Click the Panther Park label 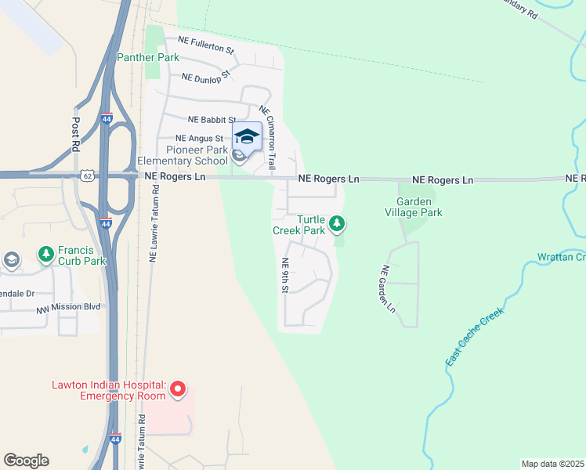(x=148, y=57)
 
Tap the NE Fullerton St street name (x=206, y=45)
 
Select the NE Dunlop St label (x=205, y=77)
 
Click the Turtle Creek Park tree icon (x=337, y=225)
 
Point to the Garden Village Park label (x=414, y=207)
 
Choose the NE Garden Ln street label (x=387, y=289)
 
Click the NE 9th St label (x=285, y=276)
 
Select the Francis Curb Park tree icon (x=46, y=255)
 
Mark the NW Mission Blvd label (x=68, y=309)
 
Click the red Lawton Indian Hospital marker (x=178, y=389)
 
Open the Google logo (x=26, y=461)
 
